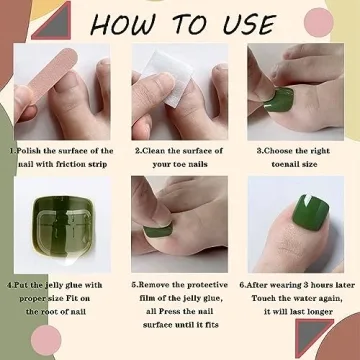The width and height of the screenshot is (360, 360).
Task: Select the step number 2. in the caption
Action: pyautogui.click(x=138, y=151)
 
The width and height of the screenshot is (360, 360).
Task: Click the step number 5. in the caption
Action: pyautogui.click(x=136, y=283)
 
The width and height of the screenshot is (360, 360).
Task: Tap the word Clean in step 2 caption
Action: pyautogui.click(x=157, y=151)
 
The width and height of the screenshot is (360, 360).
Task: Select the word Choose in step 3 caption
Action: pyautogui.click(x=280, y=151)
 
